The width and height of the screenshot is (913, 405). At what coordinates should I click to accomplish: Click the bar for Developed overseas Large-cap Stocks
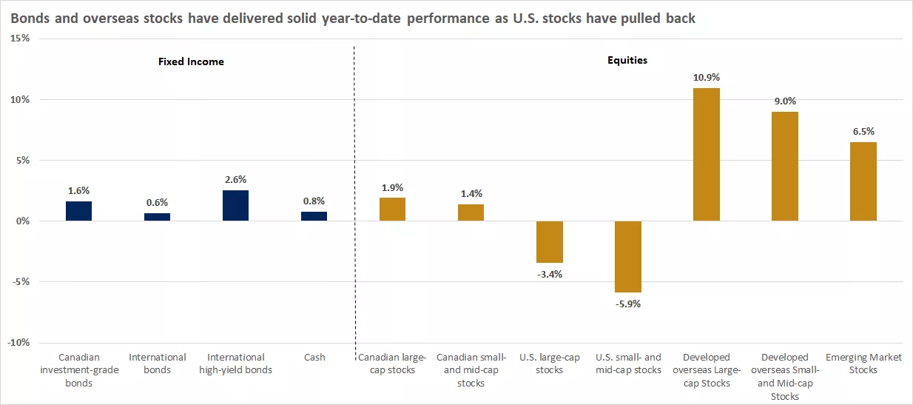(x=706, y=155)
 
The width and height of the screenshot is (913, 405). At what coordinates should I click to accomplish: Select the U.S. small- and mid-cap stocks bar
(x=627, y=256)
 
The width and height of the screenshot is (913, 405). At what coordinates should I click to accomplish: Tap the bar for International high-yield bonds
(x=235, y=206)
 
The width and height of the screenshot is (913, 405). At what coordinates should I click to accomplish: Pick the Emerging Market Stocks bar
(x=863, y=181)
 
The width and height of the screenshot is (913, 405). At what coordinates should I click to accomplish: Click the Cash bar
(x=314, y=216)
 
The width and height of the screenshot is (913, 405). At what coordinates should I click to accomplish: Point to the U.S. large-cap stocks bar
(x=549, y=241)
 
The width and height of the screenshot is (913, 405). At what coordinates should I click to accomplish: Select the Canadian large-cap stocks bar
(x=392, y=210)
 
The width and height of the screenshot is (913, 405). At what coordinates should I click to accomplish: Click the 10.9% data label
(x=706, y=77)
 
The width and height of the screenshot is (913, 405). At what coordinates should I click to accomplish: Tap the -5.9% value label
(x=627, y=304)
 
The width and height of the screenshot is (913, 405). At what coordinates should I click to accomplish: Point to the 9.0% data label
(x=784, y=101)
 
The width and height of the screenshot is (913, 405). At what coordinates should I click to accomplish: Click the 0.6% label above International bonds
(x=157, y=202)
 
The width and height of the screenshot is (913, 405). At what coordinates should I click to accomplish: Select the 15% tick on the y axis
(x=19, y=39)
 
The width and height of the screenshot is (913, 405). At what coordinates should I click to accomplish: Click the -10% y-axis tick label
(x=18, y=342)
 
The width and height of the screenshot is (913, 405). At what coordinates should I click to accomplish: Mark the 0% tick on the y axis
(x=21, y=221)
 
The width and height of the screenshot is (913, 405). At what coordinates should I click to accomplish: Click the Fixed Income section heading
(x=191, y=61)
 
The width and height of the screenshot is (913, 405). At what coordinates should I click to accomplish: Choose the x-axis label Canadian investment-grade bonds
(x=78, y=369)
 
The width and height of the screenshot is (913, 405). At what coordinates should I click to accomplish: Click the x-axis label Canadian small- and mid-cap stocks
(x=471, y=369)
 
